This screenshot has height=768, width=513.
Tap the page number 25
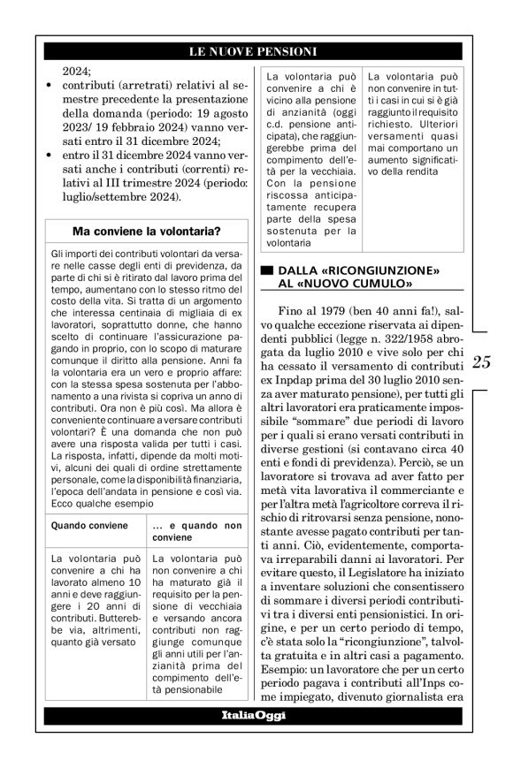point(483,361)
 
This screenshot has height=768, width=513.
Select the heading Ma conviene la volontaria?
point(147,232)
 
